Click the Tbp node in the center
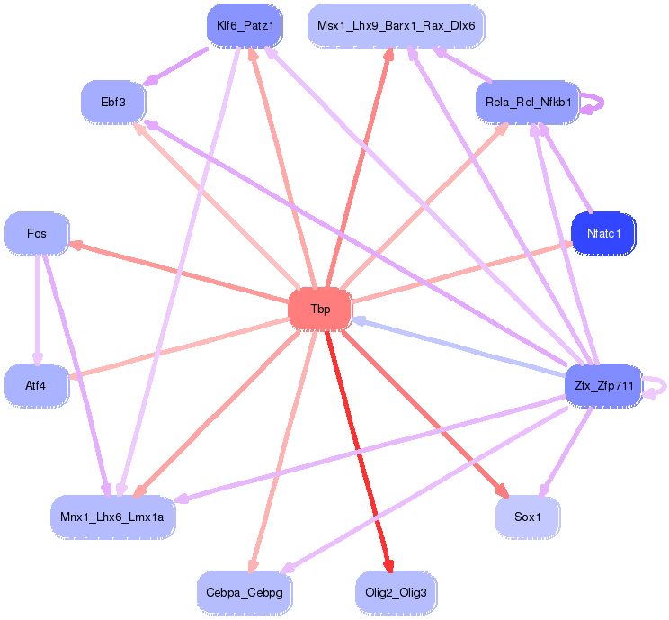(320, 310)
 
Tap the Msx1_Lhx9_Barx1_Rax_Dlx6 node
(396, 26)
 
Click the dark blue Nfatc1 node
(603, 233)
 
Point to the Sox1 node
(528, 517)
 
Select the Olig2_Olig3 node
(397, 592)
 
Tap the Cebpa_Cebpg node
(245, 592)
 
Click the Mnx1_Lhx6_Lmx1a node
(112, 517)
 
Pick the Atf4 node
(36, 386)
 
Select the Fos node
(37, 233)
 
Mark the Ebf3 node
(113, 102)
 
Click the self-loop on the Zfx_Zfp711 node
(659, 386)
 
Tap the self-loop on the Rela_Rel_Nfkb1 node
(594, 103)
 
